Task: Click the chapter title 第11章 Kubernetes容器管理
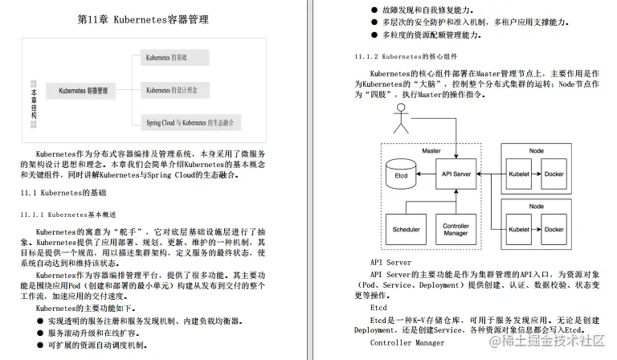[x=143, y=19]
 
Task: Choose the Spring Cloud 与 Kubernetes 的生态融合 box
[x=193, y=123]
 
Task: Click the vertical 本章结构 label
[x=33, y=100]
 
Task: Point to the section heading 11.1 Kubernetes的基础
[x=63, y=194]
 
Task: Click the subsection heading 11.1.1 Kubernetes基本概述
[x=68, y=215]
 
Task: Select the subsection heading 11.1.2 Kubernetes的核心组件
[x=407, y=57]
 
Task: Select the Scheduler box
[x=406, y=229]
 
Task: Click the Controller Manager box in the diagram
[x=456, y=229]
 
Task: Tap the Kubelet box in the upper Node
[x=519, y=174]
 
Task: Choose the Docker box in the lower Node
[x=554, y=229]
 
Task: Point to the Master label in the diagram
[x=432, y=150]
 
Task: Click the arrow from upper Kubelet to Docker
[x=537, y=174]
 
